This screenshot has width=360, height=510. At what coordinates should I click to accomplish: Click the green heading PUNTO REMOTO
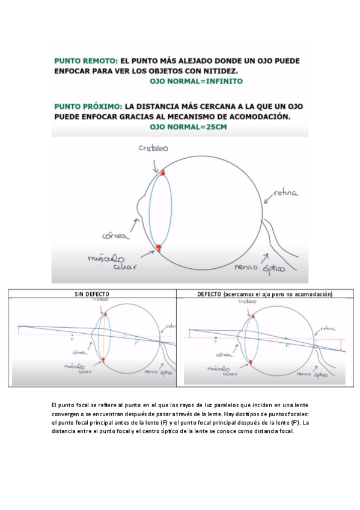coord(86,61)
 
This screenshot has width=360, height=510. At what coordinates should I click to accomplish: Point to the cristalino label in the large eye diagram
coord(153,148)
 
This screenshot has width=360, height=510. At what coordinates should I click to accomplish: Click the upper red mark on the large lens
coord(162,173)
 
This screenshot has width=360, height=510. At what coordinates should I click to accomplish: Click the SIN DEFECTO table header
coord(91,294)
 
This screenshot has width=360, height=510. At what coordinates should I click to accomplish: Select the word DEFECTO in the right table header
coord(210,294)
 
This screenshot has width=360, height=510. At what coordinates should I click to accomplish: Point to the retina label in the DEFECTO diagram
coord(327,328)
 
